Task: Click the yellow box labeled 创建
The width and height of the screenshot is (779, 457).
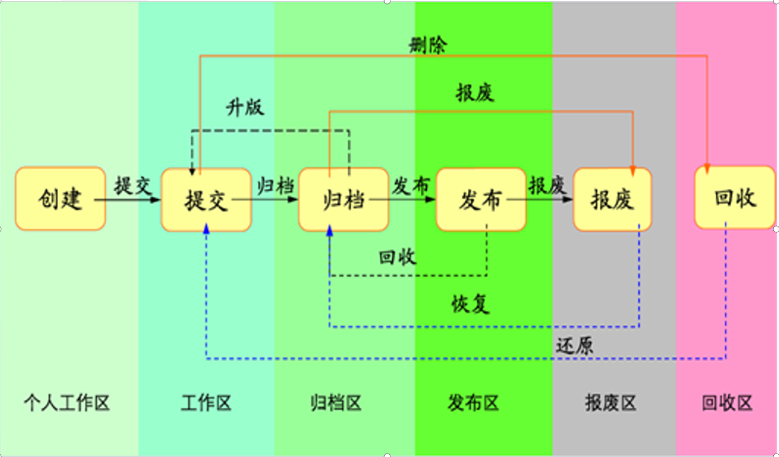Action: pos(60,199)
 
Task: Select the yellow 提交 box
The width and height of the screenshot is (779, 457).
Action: pos(206,200)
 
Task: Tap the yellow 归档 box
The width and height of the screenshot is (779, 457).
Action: pos(344,200)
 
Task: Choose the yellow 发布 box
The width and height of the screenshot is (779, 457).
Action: pos(481,200)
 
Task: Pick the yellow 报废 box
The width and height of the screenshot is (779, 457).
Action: pos(612,200)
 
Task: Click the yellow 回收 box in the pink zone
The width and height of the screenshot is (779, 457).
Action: pos(734,197)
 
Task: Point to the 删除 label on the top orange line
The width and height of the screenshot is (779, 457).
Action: pos(428,46)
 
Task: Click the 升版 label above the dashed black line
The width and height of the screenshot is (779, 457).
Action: pos(245,107)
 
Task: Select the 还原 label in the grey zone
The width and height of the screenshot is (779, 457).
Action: pos(574,346)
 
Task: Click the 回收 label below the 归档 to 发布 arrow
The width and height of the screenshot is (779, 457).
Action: pos(398,257)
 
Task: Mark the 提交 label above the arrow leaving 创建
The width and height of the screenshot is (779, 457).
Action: pos(132,186)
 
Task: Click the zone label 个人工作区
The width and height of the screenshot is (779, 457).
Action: pos(67,403)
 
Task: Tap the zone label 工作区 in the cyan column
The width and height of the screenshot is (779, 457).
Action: pos(206,403)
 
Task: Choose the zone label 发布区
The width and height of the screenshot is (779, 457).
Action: pos(474,403)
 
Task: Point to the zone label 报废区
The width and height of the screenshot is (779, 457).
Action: pos(611,403)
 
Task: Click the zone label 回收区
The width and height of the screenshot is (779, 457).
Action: pos(728,403)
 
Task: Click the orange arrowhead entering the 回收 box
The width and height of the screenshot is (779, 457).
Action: pos(707,168)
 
